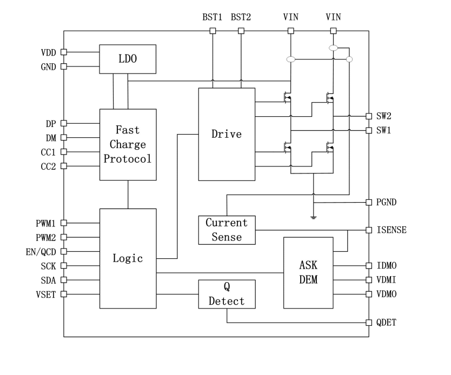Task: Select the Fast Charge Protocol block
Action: point(128,144)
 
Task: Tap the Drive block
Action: point(227,134)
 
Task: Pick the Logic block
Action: point(128,258)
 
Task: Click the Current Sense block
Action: point(227,230)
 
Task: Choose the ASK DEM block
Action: point(308,272)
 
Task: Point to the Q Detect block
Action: point(227,294)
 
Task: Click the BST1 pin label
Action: point(212,17)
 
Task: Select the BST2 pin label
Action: point(241,17)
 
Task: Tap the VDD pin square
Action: point(64,52)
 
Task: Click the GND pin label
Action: point(49,66)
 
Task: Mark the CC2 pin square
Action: point(64,166)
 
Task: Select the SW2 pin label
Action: point(384,116)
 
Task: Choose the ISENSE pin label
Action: point(392,230)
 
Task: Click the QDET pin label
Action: point(387,323)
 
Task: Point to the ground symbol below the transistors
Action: point(313,217)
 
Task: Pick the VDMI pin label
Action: point(387,280)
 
